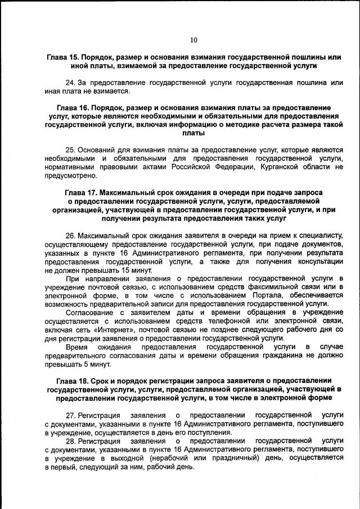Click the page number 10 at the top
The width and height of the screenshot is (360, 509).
click(x=193, y=40)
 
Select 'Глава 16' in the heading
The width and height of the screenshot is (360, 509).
click(x=74, y=107)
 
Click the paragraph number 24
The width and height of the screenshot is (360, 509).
click(x=70, y=83)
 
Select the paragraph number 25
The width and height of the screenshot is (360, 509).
click(x=70, y=150)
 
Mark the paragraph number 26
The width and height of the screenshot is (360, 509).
click(x=70, y=235)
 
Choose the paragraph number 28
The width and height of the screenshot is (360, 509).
click(x=71, y=442)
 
